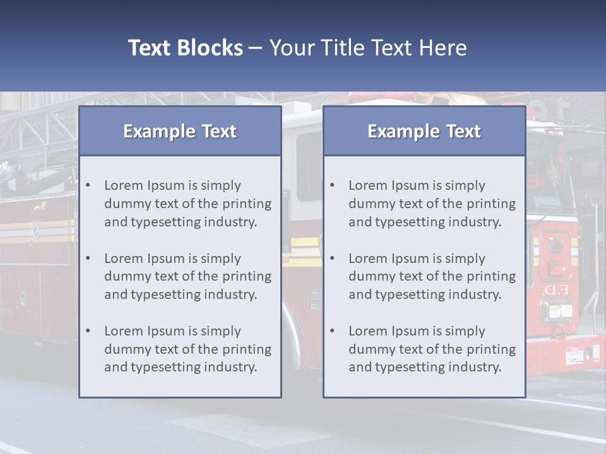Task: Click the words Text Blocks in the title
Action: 185,48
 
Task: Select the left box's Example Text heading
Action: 180,131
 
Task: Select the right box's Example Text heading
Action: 424,131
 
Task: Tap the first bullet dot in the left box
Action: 88,185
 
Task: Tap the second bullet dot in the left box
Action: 88,259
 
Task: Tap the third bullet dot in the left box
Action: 88,331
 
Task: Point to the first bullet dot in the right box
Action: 333,185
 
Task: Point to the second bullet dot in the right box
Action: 333,259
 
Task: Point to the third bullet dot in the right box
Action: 333,331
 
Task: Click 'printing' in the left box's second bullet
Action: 248,276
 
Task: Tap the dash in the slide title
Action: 256,48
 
